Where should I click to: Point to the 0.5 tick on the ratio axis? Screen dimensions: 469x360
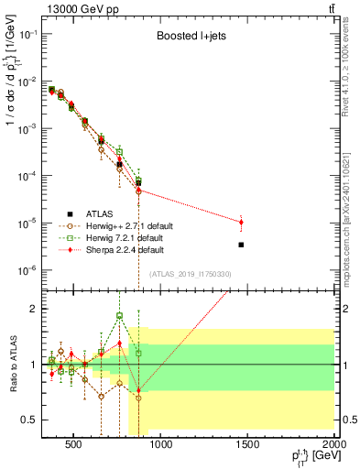click(x=27, y=420)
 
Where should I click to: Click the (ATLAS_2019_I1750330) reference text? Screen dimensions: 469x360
click(x=190, y=274)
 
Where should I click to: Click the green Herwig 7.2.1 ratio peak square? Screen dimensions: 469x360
click(x=119, y=316)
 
